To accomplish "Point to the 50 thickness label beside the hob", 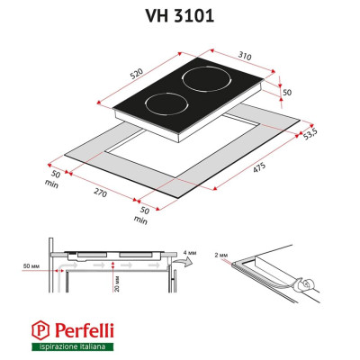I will coord(287,93).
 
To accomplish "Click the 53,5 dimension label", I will coord(310,134).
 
